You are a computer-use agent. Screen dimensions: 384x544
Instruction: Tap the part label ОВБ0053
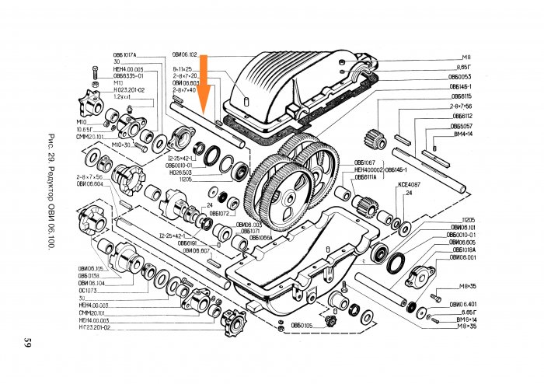tap(461, 77)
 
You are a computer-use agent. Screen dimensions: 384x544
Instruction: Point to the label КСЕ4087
tap(409, 184)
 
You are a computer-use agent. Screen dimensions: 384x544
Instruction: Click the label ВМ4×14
tap(462, 134)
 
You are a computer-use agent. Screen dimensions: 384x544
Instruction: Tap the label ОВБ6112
tap(462, 116)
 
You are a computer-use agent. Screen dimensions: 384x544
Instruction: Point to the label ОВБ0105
tap(301, 325)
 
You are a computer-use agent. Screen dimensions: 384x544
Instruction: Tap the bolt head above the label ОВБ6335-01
tap(95, 72)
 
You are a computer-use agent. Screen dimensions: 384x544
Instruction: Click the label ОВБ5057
tap(462, 125)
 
